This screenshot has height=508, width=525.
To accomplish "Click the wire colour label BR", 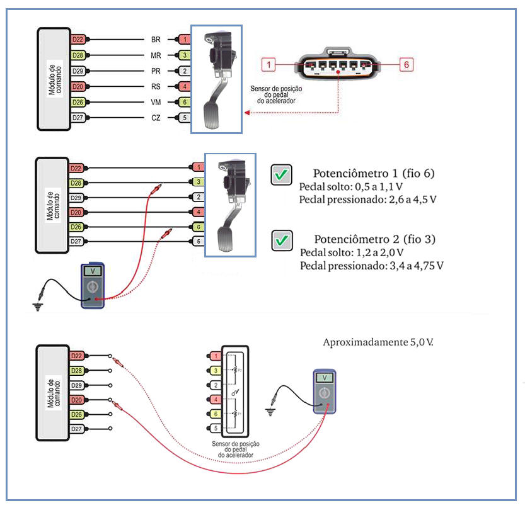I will [x=156, y=40].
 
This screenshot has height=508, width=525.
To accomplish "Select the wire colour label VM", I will [x=156, y=102].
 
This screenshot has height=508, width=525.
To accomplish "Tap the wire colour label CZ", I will [x=156, y=118].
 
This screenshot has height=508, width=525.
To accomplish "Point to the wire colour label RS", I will [x=156, y=86].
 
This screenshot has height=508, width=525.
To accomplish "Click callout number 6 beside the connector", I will [x=407, y=64].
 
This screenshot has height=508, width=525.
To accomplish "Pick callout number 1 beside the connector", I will [x=269, y=64].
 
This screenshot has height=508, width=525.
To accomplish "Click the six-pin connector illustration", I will [x=338, y=63].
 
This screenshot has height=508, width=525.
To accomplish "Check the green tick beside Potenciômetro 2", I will [x=281, y=240].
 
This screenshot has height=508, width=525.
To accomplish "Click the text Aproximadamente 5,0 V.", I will [x=378, y=342].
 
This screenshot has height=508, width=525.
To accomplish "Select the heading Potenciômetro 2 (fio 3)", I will [x=374, y=239].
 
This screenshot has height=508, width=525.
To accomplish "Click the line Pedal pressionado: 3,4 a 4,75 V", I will [x=372, y=266].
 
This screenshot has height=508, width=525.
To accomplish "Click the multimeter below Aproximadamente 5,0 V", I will [x=325, y=391].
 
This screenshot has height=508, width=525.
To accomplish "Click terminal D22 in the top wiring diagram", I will [x=78, y=40].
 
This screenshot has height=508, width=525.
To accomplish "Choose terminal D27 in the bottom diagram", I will [x=78, y=429].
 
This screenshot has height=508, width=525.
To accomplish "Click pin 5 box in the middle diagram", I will [x=199, y=240].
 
